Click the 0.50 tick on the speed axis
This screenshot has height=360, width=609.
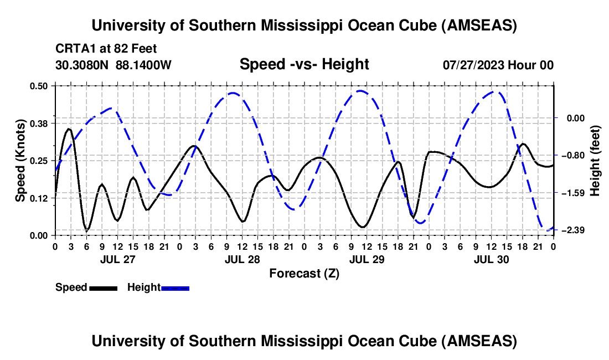click(x=43, y=86)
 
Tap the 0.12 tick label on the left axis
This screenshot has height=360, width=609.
click(x=43, y=198)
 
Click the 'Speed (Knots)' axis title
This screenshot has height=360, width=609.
click(x=20, y=160)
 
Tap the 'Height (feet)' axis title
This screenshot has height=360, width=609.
click(x=596, y=160)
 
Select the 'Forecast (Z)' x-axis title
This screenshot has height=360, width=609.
click(x=304, y=273)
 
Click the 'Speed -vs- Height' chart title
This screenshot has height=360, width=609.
click(x=304, y=64)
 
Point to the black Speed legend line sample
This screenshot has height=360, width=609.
click(x=102, y=287)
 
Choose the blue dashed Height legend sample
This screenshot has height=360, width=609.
click(x=175, y=287)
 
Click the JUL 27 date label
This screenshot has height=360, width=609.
click(x=117, y=259)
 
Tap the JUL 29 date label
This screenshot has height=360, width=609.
click(x=367, y=259)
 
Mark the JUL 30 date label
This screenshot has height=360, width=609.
click(x=491, y=259)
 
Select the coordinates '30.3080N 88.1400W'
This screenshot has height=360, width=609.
click(x=113, y=65)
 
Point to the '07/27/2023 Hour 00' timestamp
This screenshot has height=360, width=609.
click(x=498, y=65)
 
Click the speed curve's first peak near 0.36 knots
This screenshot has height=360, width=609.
click(x=69, y=129)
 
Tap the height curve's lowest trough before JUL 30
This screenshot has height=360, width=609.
click(x=421, y=223)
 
